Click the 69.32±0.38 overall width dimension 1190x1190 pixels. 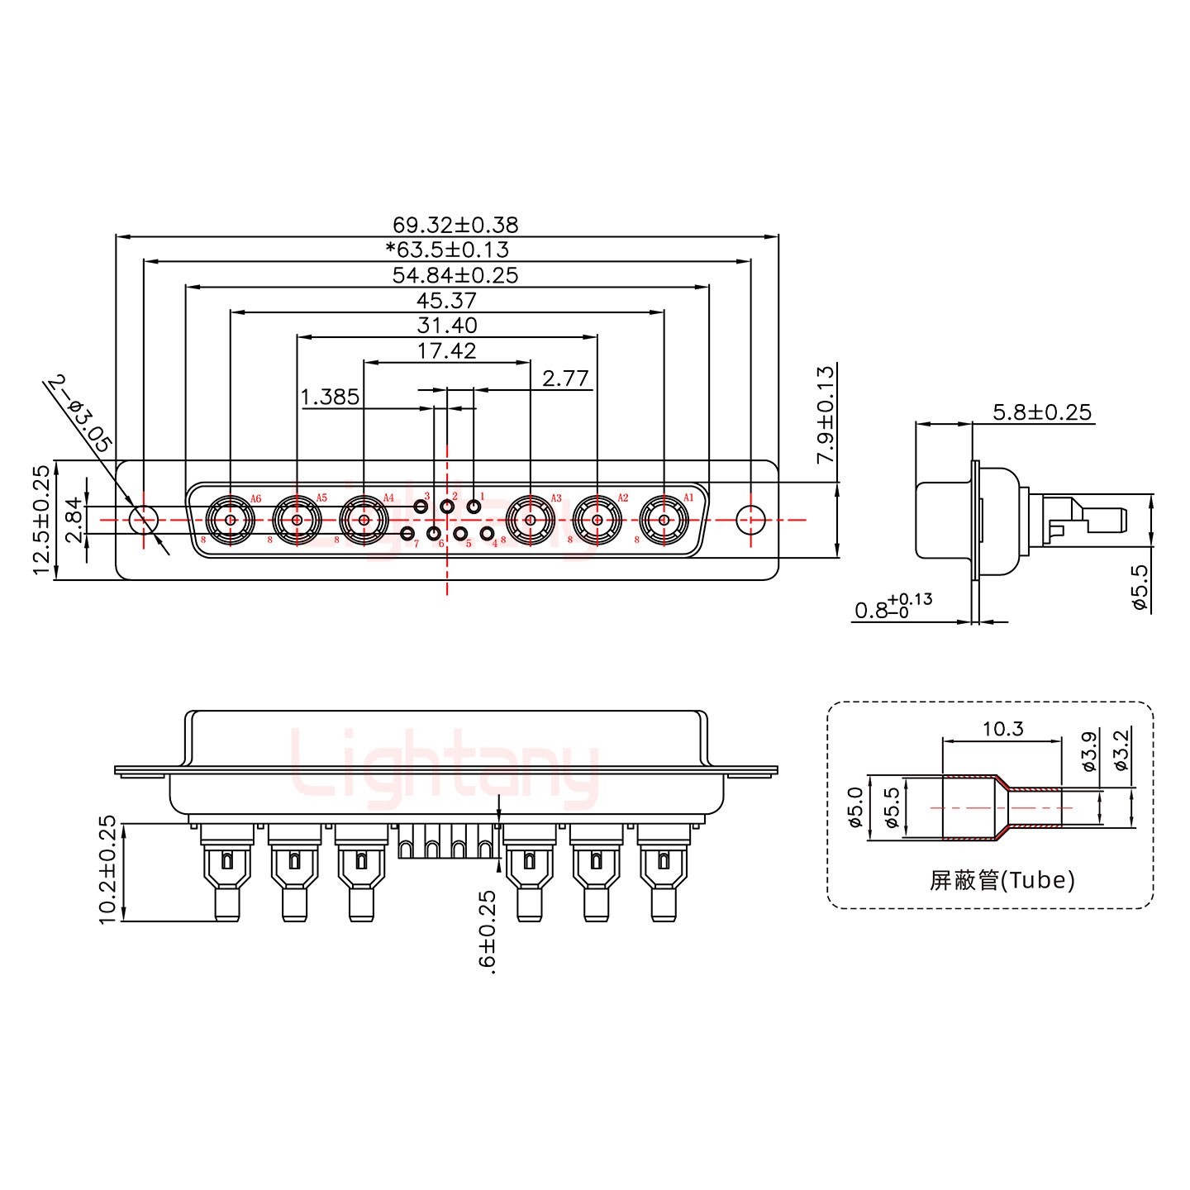455,225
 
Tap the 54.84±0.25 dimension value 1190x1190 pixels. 455,275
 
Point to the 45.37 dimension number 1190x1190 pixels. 447,301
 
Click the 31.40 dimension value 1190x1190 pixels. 447,326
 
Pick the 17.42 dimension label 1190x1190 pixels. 447,351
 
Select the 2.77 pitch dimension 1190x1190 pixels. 565,378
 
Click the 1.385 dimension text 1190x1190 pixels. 331,397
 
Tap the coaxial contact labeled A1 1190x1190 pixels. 664,520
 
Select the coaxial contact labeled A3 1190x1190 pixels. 530,520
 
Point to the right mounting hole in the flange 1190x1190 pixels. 750,520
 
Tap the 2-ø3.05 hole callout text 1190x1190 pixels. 80,412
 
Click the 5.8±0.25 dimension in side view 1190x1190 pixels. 1041,412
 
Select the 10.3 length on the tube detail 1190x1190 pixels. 1002,728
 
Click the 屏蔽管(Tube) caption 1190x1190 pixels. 1002,880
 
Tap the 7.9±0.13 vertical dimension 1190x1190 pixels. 826,414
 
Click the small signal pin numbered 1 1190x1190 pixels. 474,506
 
